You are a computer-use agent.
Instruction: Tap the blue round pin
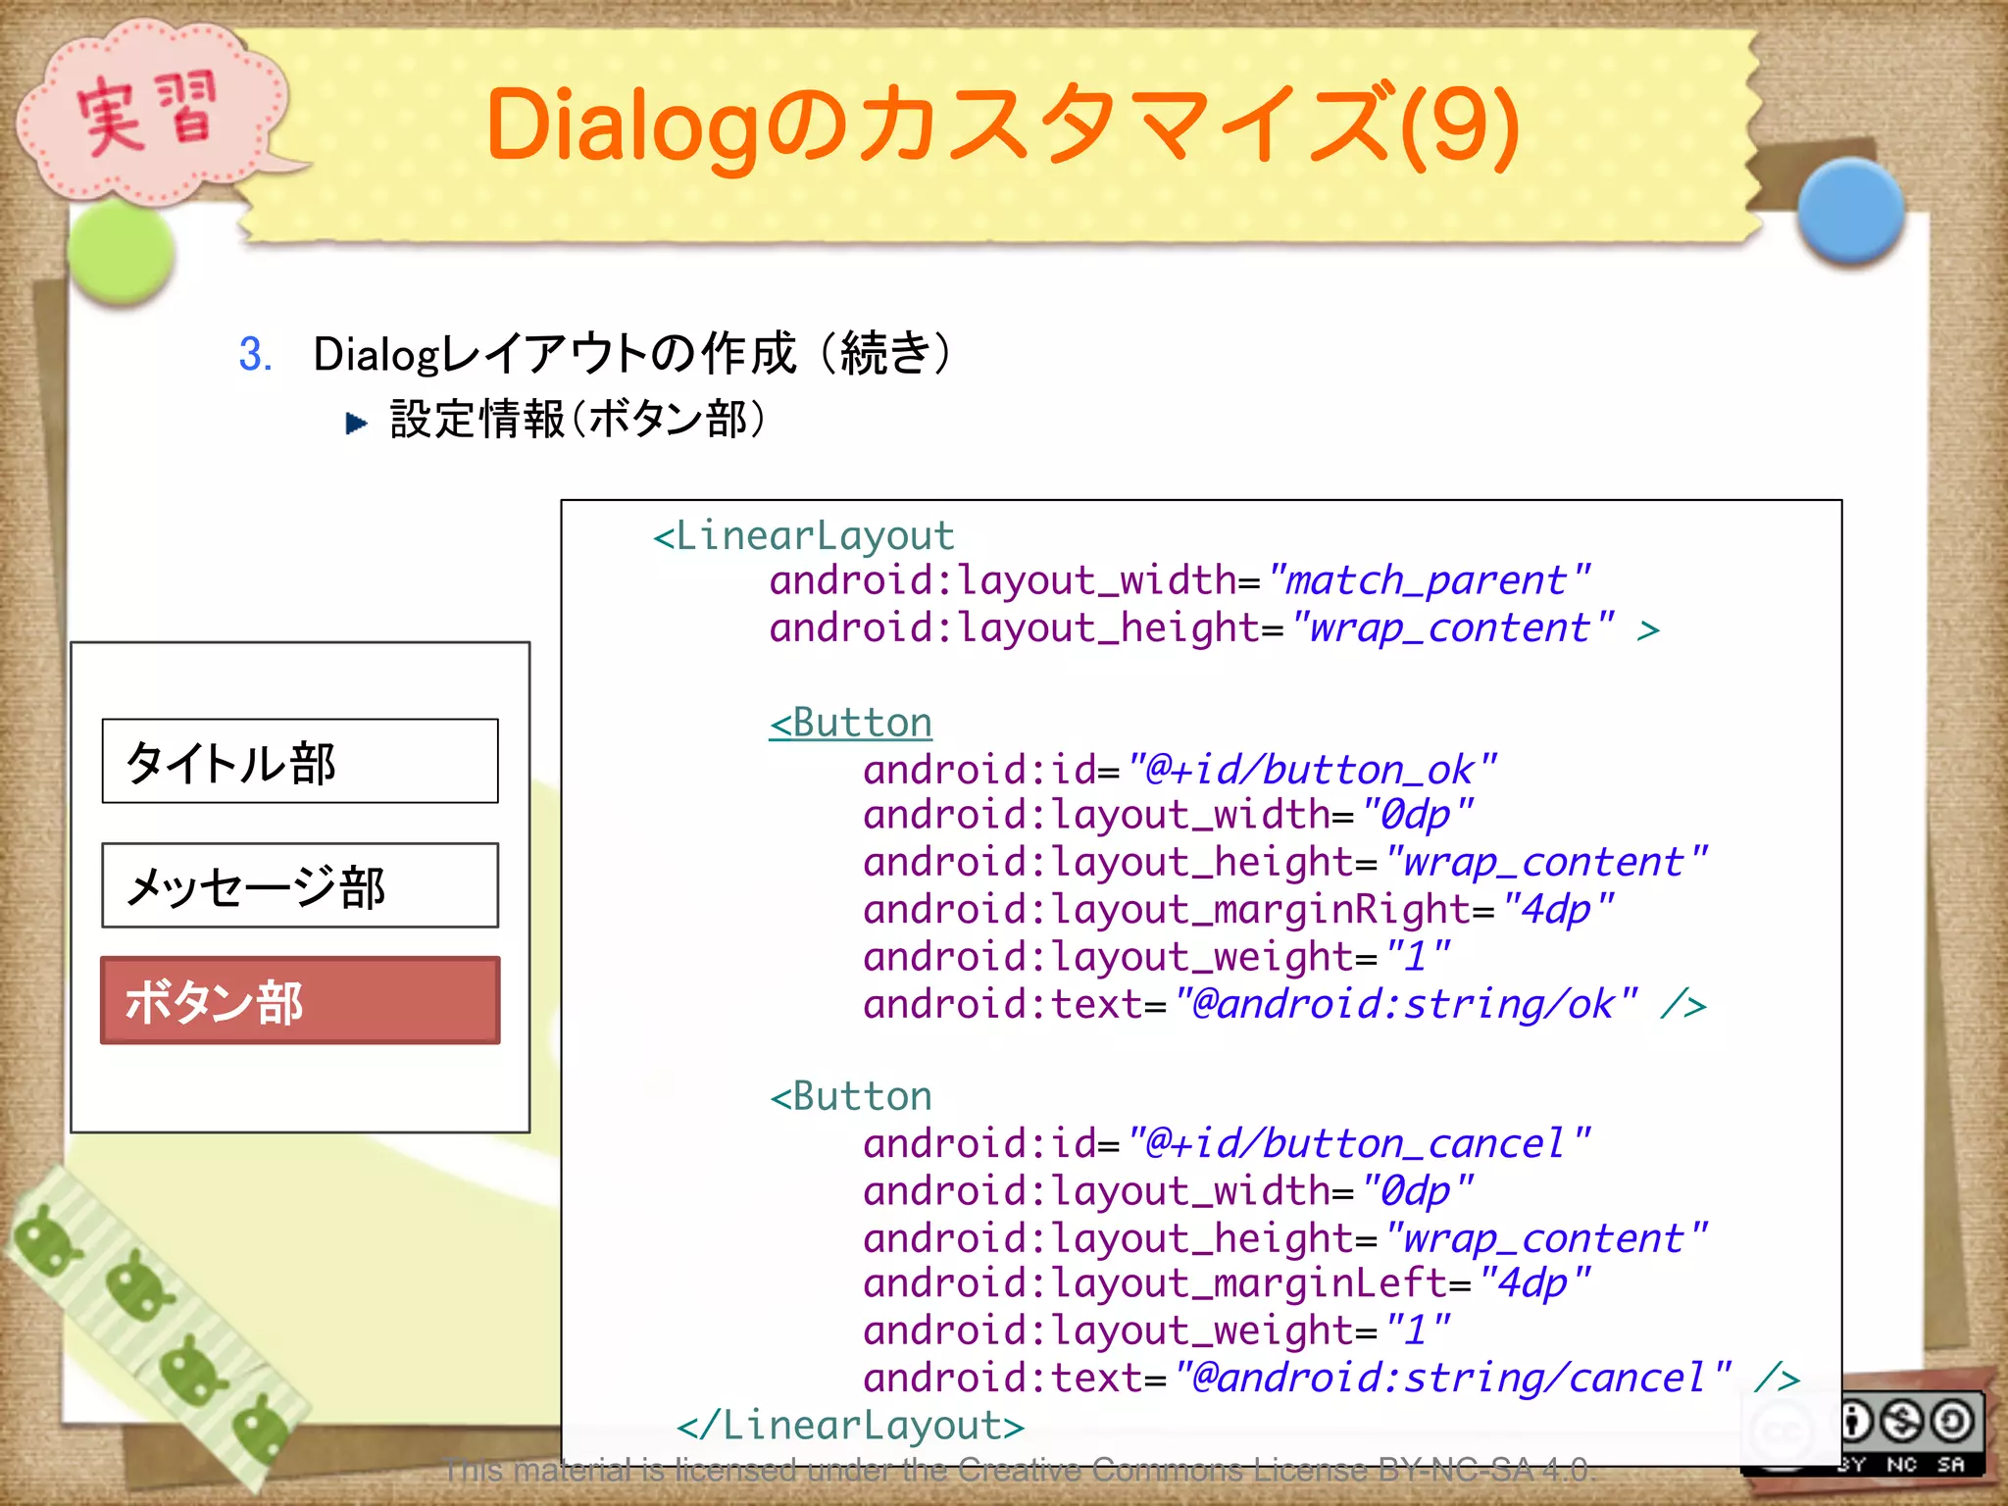point(1850,210)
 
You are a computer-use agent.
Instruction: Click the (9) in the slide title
point(1461,125)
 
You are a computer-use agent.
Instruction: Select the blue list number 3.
point(255,354)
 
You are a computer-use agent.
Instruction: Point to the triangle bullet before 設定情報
point(357,423)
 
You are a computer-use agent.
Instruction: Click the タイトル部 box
point(300,762)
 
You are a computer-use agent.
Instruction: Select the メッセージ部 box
point(300,885)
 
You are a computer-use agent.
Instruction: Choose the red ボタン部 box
point(300,1000)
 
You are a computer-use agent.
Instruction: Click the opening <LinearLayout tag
point(804,536)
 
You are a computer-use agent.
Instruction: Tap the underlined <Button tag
point(851,724)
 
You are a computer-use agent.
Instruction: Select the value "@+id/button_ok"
point(1311,771)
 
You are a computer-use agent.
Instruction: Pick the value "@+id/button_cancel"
point(1358,1144)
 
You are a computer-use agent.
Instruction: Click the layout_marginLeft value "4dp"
point(1534,1283)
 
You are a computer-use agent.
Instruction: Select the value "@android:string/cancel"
point(1452,1379)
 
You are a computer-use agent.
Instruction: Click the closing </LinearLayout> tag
point(851,1426)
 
